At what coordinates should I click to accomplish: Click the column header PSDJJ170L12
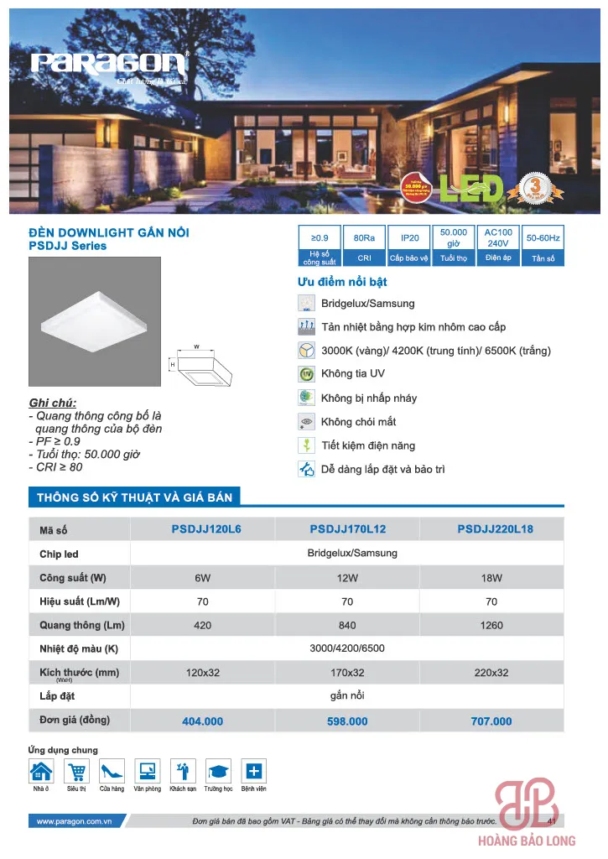pos(347,530)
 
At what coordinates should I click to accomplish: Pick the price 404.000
pos(202,721)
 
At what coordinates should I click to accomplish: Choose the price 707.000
pos(491,721)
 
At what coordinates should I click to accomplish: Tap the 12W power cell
pos(347,578)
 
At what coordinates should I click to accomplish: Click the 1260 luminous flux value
pos(491,625)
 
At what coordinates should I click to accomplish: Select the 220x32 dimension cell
pos(491,673)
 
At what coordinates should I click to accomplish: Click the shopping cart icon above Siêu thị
pos(76,771)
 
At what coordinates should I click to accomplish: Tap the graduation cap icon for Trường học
pos(217,771)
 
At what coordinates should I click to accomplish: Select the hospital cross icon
pos(253,771)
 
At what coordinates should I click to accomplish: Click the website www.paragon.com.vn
pos(75,821)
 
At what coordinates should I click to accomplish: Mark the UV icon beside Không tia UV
pos(306,374)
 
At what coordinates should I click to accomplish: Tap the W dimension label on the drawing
pos(195,345)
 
